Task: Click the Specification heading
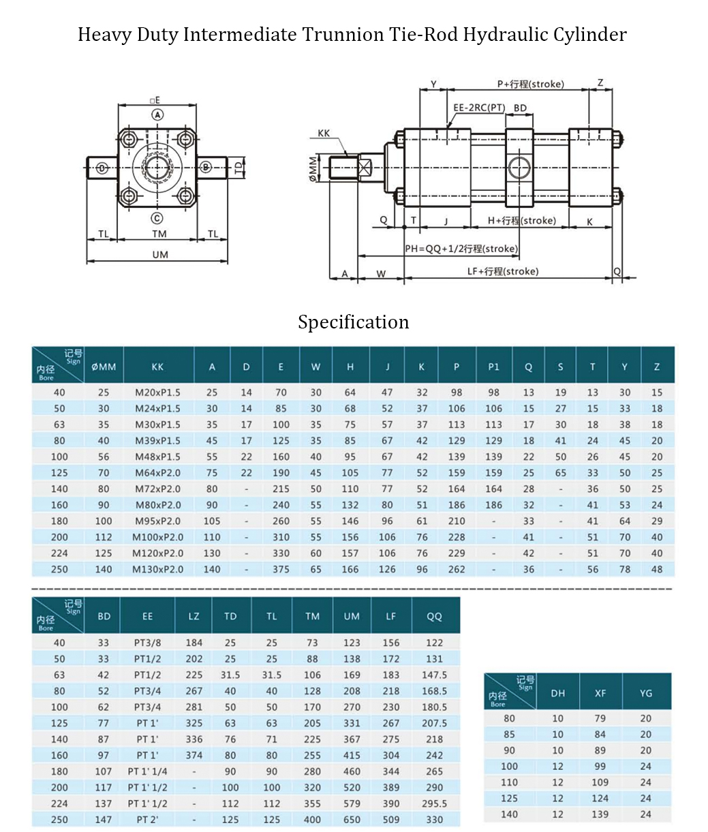click(353, 322)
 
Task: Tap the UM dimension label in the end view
click(159, 255)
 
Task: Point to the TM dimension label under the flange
click(159, 234)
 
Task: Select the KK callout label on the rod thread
click(324, 133)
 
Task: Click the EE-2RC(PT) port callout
click(479, 108)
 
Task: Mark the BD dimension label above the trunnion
click(520, 108)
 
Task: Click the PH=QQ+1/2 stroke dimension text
click(461, 249)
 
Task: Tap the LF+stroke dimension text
click(502, 271)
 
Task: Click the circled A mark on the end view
click(157, 114)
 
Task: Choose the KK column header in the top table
click(157, 367)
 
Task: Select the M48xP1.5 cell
click(157, 457)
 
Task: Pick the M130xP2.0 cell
click(157, 569)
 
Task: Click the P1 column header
click(493, 367)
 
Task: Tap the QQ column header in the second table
click(434, 616)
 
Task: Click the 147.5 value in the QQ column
click(434, 675)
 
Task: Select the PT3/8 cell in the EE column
click(147, 643)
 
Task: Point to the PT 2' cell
click(147, 819)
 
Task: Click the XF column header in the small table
click(600, 693)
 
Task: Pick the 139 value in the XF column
click(600, 814)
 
